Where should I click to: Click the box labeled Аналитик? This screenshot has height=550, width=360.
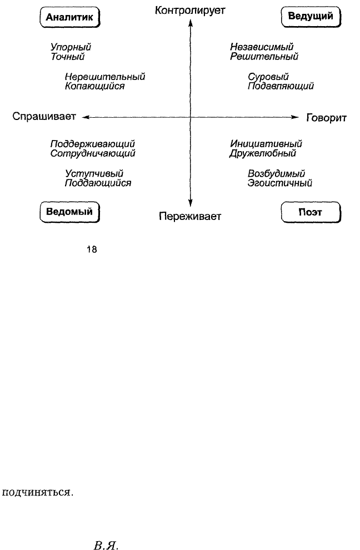click(70, 17)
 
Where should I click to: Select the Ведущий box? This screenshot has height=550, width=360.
click(311, 17)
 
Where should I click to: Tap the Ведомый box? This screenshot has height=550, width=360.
click(70, 212)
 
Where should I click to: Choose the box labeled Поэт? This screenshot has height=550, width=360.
click(311, 212)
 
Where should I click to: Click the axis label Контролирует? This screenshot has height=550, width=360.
click(190, 11)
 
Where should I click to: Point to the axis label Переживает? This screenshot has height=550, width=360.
click(190, 217)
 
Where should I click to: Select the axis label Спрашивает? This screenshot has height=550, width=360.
click(44, 117)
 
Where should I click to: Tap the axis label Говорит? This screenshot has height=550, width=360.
click(326, 118)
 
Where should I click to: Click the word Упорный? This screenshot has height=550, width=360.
click(71, 47)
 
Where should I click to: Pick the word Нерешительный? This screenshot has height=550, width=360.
click(105, 77)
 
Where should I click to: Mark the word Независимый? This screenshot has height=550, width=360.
click(262, 47)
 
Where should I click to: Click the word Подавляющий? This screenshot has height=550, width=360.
click(281, 86)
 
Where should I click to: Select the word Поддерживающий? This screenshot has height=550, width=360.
click(93, 144)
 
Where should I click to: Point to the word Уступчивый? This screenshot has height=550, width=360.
click(94, 174)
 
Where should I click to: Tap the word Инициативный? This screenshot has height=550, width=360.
click(266, 144)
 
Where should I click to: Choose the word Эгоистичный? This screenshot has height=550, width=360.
click(279, 183)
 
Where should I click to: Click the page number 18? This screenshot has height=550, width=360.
click(92, 250)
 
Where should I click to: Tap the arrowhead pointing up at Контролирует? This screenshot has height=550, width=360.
click(191, 23)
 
